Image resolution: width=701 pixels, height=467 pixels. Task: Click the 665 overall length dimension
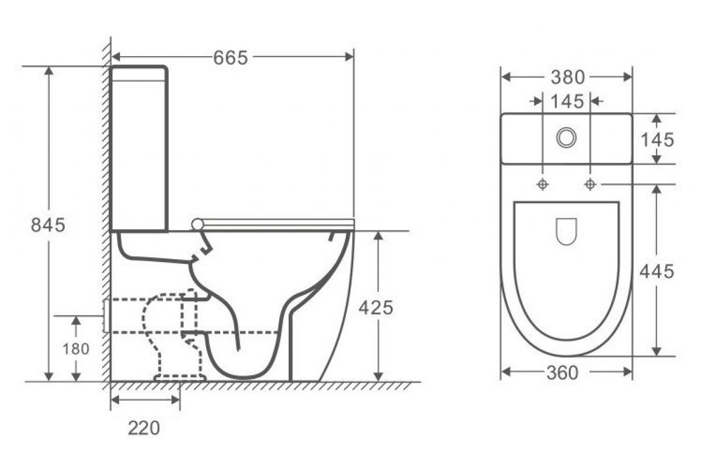coord(230,58)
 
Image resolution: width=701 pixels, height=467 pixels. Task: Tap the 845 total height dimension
coord(48,225)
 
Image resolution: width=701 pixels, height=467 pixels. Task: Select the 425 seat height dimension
coord(376,308)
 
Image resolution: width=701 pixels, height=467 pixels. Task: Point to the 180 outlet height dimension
coord(76,348)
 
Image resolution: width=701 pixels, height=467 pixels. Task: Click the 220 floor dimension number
coord(144,428)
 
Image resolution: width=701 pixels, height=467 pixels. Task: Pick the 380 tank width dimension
coord(568,77)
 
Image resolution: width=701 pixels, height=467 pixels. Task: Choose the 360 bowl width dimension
coord(563,373)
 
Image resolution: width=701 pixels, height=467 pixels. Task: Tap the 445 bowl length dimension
coord(657,271)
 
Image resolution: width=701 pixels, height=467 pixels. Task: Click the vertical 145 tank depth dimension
coord(657,140)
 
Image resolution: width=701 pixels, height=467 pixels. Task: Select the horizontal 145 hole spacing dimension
coord(567,102)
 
